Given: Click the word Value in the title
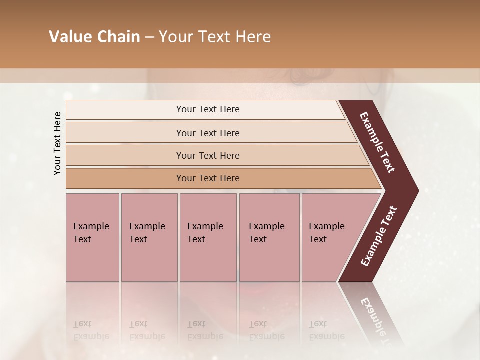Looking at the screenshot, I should [x=69, y=37].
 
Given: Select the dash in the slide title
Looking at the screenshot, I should [x=149, y=37].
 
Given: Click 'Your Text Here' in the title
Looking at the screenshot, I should [x=215, y=37].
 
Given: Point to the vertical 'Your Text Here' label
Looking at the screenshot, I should [x=57, y=143].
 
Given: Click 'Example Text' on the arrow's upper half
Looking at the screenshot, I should [x=377, y=142].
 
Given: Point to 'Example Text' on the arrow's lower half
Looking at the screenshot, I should [x=379, y=236].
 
